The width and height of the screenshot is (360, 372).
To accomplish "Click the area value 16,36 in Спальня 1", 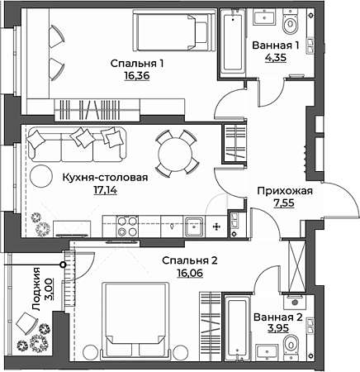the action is (x=137, y=75).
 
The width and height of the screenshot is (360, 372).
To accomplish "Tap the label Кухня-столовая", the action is (x=105, y=178).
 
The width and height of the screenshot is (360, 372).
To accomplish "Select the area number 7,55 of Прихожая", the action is (x=284, y=203).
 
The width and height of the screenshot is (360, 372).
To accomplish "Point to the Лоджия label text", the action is (x=36, y=289).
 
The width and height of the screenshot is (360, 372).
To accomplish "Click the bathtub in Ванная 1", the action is (x=233, y=43).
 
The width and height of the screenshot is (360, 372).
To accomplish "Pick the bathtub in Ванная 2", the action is (x=236, y=327).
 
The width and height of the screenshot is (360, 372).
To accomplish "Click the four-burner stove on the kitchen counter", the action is (x=127, y=227).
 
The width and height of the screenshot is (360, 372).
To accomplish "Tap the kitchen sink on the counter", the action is (x=194, y=227).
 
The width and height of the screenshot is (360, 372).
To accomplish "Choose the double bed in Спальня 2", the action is (x=135, y=321).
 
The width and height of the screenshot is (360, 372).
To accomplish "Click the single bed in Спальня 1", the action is (x=174, y=30).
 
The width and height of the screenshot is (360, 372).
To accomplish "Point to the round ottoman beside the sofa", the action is (x=41, y=176).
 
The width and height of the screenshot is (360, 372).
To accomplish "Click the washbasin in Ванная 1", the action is (x=264, y=17).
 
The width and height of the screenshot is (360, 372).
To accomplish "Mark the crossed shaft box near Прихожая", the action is (x=296, y=265).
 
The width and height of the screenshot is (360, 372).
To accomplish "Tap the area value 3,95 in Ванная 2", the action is (x=278, y=328).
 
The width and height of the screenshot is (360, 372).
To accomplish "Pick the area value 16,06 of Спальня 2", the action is (x=190, y=273).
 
